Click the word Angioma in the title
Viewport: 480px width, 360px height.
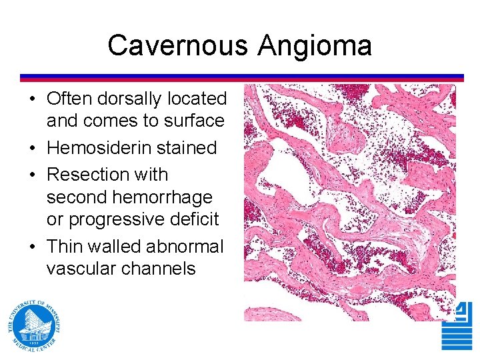[315, 46]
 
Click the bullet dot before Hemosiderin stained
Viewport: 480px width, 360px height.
[32, 148]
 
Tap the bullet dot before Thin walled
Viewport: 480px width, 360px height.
[32, 247]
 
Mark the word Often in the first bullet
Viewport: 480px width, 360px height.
[70, 99]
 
